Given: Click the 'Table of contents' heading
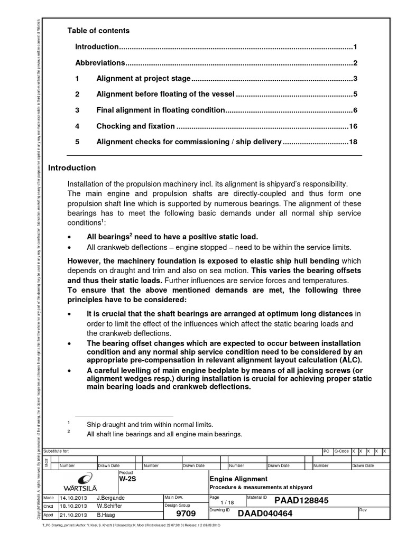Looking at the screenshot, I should click(x=98, y=31).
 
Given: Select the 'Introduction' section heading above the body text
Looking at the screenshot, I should click(x=72, y=168).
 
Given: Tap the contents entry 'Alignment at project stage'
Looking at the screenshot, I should click(x=143, y=79).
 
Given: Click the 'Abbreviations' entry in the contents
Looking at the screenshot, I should click(x=100, y=63).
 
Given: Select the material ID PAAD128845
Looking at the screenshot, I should click(x=299, y=500).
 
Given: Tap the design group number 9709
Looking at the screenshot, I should click(x=189, y=513).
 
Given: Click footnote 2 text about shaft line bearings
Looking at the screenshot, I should click(x=164, y=434).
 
